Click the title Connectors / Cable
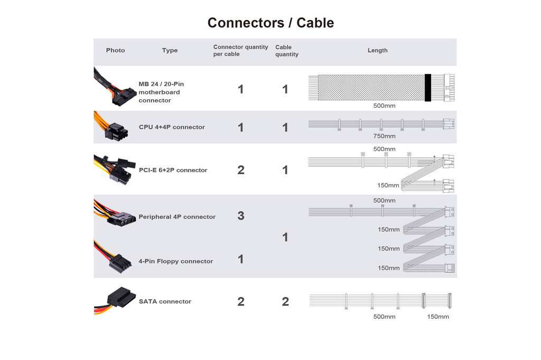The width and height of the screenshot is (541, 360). click(x=270, y=23)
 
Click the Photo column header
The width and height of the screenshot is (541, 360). click(x=115, y=50)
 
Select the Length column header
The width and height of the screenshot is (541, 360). click(x=377, y=50)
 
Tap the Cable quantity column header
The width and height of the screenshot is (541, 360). click(x=287, y=51)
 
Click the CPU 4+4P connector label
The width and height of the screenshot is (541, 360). click(x=172, y=127)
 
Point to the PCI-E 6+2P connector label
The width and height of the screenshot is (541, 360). click(x=173, y=170)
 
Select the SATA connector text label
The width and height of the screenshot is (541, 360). click(x=165, y=301)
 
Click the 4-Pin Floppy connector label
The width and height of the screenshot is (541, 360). click(x=175, y=261)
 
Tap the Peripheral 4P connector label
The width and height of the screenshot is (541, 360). click(x=177, y=217)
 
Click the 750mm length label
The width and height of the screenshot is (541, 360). click(x=385, y=136)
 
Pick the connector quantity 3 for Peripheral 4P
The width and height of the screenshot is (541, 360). click(x=241, y=216)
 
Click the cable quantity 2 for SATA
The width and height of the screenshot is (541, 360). click(x=285, y=302)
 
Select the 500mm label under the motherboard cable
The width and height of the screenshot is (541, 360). click(x=385, y=106)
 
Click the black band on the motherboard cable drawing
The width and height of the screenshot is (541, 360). click(x=428, y=88)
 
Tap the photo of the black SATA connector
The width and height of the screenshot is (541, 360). click(x=115, y=300)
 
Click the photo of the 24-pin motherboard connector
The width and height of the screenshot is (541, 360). click(x=115, y=87)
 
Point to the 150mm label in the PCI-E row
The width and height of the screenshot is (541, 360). click(x=388, y=185)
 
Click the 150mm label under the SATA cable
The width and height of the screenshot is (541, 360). click(x=438, y=317)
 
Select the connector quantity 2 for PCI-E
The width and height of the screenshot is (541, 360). click(x=241, y=170)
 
